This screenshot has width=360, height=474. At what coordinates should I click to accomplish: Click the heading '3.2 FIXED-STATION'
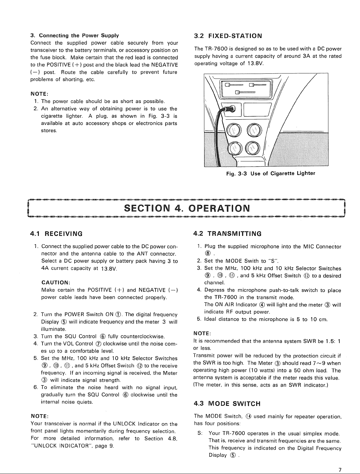(228, 36)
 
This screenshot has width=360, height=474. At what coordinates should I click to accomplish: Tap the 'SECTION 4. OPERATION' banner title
(187, 208)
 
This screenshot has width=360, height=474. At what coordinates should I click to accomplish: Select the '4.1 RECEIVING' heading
(56, 234)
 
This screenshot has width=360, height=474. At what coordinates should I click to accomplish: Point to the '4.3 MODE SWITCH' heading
(227, 404)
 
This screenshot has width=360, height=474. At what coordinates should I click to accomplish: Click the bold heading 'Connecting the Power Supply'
(79, 35)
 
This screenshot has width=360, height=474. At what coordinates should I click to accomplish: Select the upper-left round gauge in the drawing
(233, 131)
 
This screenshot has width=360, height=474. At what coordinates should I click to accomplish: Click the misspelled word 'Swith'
(252, 261)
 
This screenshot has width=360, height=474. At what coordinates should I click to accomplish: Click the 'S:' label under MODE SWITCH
(200, 434)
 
